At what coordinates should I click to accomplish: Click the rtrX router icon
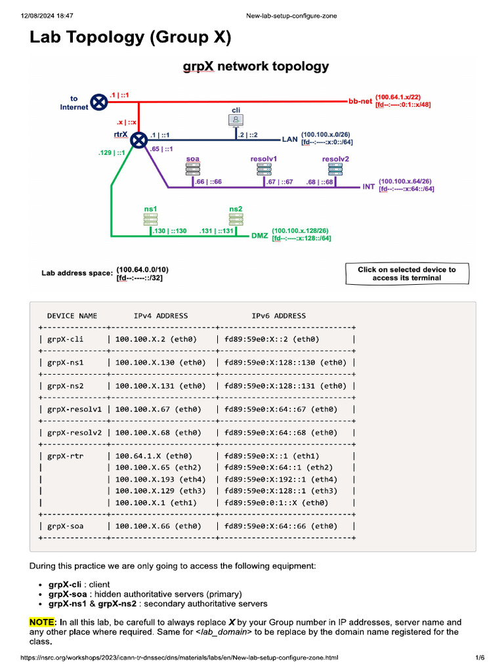coord(138,140)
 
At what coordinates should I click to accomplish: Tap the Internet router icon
coord(99,102)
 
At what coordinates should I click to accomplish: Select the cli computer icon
coord(236,119)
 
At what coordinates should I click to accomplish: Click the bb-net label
coord(360,102)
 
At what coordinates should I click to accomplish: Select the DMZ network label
coord(260,234)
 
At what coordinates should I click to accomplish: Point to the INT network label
coord(369,187)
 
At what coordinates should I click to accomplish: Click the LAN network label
coord(289,139)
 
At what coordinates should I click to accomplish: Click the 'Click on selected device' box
coord(407,274)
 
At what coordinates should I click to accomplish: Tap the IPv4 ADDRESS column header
coord(161,316)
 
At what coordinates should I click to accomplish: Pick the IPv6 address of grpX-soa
coord(281,526)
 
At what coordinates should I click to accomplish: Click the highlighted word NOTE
coord(43,622)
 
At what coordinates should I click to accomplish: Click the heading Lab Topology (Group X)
coord(131,38)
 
